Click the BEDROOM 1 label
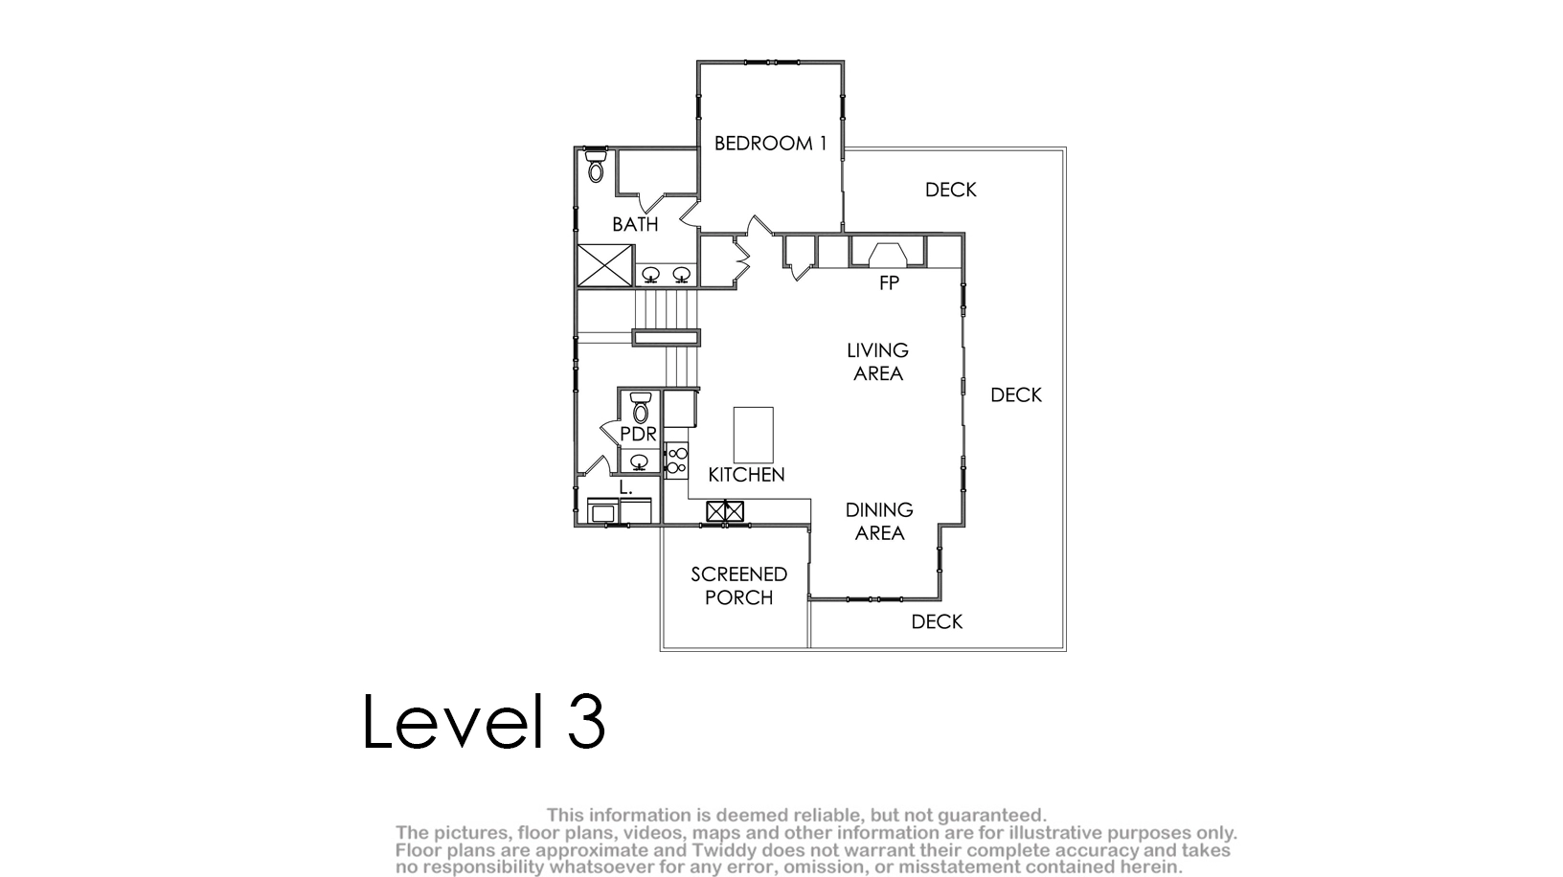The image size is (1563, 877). (770, 144)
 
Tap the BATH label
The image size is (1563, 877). (635, 225)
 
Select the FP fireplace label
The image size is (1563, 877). (889, 282)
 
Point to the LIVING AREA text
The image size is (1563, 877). (878, 362)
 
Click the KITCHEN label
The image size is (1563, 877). (746, 475)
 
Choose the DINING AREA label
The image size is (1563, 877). (879, 521)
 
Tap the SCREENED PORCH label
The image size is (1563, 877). (739, 586)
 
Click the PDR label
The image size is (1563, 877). (638, 434)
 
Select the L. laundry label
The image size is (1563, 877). (625, 488)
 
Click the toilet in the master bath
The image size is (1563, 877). (595, 166)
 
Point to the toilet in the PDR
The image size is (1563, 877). (640, 408)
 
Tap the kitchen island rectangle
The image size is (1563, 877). (753, 435)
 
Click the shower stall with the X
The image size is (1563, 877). (605, 265)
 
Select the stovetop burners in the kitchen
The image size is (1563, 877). (676, 461)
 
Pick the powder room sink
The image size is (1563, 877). (639, 461)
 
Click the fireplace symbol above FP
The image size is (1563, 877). (888, 255)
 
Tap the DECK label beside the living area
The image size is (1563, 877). (1016, 395)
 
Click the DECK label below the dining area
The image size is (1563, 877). (937, 622)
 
